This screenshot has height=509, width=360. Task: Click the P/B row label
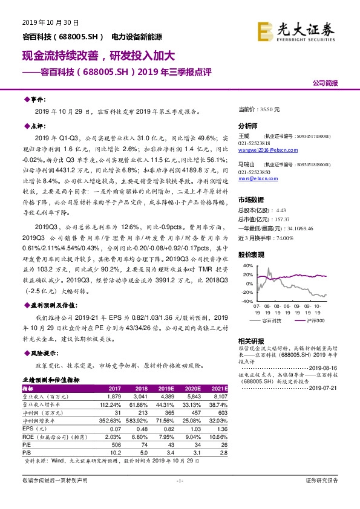point(28,452)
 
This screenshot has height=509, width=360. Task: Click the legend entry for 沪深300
point(311,320)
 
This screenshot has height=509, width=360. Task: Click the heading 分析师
point(248,126)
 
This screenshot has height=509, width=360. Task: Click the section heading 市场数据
point(250,199)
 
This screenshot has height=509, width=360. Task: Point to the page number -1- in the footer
point(180,498)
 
